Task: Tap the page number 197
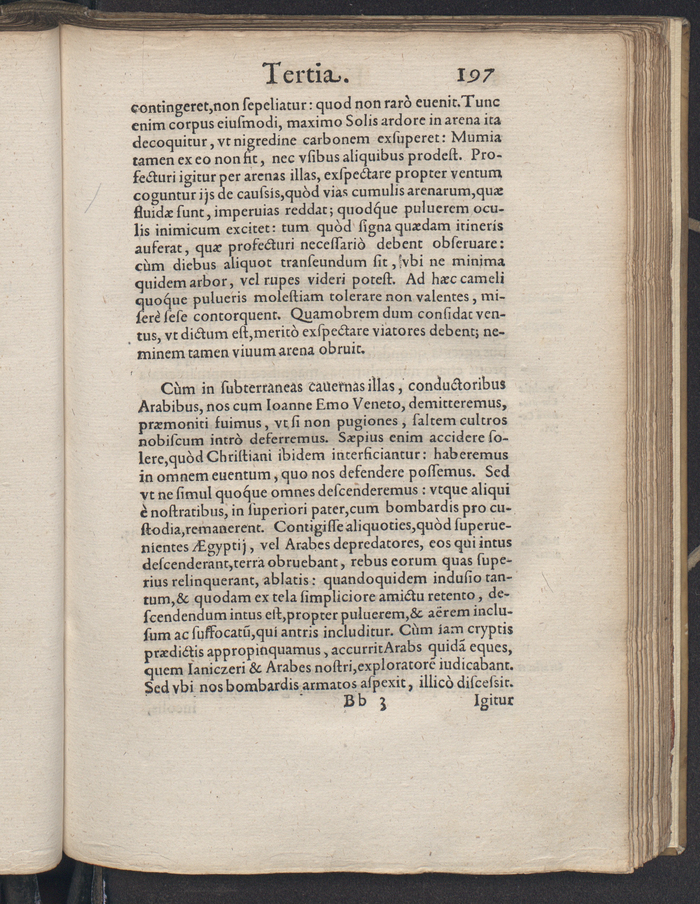[x=475, y=76]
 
